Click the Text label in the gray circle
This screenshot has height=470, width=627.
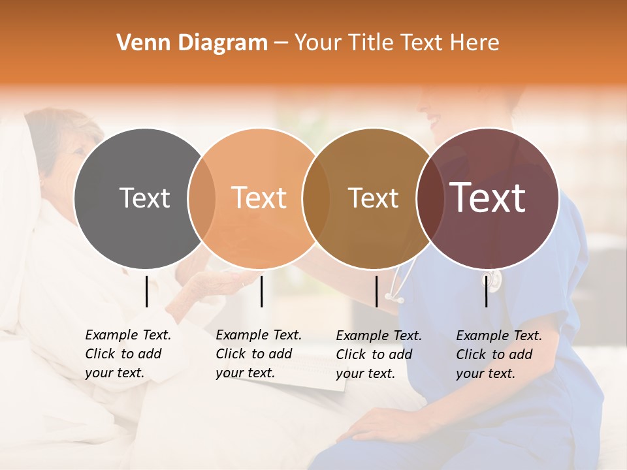(144, 198)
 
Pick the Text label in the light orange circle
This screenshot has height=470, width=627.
(259, 198)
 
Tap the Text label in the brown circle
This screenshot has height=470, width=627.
(373, 198)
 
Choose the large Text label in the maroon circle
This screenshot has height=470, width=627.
(488, 198)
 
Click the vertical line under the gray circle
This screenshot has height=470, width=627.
(146, 291)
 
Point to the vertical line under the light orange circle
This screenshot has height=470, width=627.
(261, 291)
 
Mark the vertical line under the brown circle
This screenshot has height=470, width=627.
(376, 291)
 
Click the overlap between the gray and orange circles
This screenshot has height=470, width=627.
(202, 198)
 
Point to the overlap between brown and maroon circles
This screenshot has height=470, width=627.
(428, 198)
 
